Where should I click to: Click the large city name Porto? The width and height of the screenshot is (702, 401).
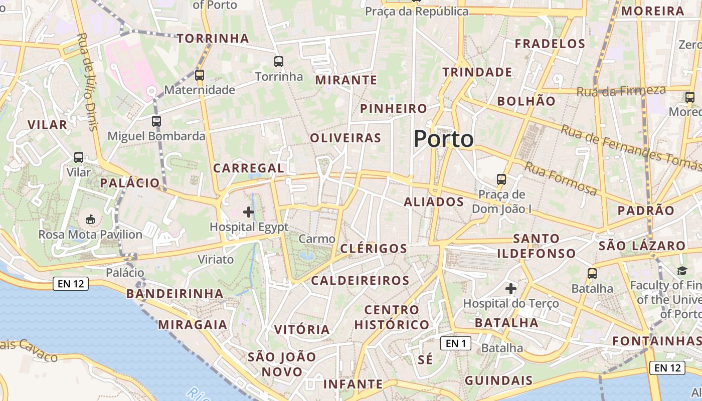coord(444,139)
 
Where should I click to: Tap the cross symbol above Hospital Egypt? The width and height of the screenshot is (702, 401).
coord(249,212)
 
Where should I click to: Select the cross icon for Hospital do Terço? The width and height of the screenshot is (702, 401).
coord(511,289)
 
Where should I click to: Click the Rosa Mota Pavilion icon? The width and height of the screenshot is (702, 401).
coord(91,220)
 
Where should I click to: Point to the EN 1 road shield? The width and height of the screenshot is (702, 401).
coord(456,343)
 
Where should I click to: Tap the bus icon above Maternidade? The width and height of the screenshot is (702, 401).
coord(200,75)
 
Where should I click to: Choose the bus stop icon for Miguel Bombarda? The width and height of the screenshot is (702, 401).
coord(156,121)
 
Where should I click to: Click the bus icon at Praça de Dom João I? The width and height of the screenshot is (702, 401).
coord(501,179)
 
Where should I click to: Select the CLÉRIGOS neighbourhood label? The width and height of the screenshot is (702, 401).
coord(374,249)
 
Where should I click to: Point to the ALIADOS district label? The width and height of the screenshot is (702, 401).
coord(434,202)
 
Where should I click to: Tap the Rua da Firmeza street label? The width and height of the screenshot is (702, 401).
coord(621,91)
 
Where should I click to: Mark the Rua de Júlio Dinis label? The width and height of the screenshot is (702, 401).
coord(87,82)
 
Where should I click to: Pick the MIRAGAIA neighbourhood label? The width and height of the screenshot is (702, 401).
coord(193,325)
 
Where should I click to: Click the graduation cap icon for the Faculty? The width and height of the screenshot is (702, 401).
coord(682,271)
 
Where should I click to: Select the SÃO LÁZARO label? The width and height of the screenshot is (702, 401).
coord(642,246)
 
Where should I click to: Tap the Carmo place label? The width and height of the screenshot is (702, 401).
coord(317,239)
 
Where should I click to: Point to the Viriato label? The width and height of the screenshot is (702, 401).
coord(216,259)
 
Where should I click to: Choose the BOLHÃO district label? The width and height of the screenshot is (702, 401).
coord(526,101)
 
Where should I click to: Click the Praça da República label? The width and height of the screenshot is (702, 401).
coord(417,12)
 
